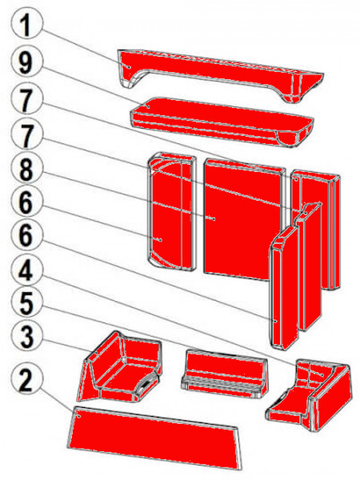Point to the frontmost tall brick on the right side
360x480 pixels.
coord(282,288)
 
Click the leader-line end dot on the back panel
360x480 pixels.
coord(213,218)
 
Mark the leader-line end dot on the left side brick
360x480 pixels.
coord(158,239)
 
